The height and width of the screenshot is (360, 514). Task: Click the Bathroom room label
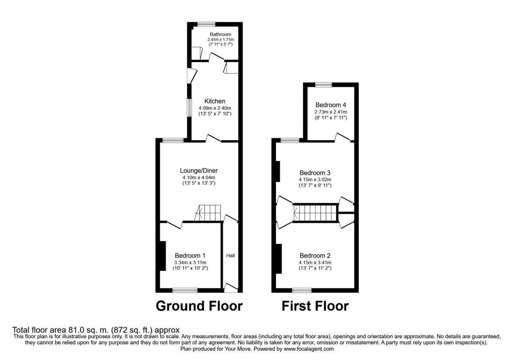point(220,34)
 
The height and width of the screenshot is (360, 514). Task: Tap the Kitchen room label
point(215,101)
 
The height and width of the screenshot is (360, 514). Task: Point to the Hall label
point(230,256)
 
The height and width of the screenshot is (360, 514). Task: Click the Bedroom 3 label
point(315,173)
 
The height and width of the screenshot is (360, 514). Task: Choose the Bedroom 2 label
point(315,256)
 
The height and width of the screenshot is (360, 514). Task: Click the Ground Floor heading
point(199,306)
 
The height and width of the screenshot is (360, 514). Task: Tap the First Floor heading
point(315,306)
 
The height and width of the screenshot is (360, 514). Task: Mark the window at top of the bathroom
point(206,24)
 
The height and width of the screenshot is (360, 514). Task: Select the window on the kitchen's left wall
point(189,108)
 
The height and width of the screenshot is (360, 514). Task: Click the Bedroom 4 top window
point(324,85)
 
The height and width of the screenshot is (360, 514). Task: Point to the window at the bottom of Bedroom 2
point(302,290)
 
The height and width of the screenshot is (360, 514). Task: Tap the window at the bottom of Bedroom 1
point(185,290)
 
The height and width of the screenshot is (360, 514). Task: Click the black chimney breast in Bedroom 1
point(163,256)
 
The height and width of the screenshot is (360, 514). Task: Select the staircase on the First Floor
point(315,213)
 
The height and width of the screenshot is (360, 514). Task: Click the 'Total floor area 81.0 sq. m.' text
point(93,330)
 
